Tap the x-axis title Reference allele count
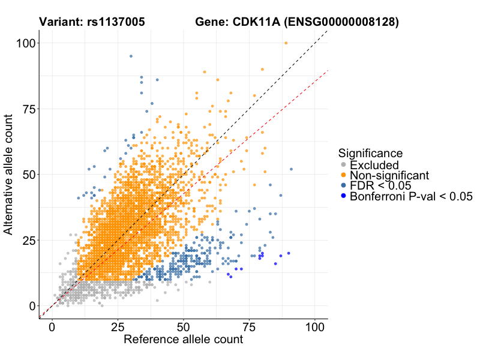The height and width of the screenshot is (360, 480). (183, 340)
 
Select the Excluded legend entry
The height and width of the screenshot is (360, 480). (374, 165)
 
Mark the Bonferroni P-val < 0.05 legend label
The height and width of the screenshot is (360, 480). (411, 196)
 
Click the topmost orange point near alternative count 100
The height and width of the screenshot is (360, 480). (286, 43)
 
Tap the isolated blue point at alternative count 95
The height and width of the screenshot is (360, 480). (131, 56)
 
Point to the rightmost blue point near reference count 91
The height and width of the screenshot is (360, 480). (291, 169)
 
